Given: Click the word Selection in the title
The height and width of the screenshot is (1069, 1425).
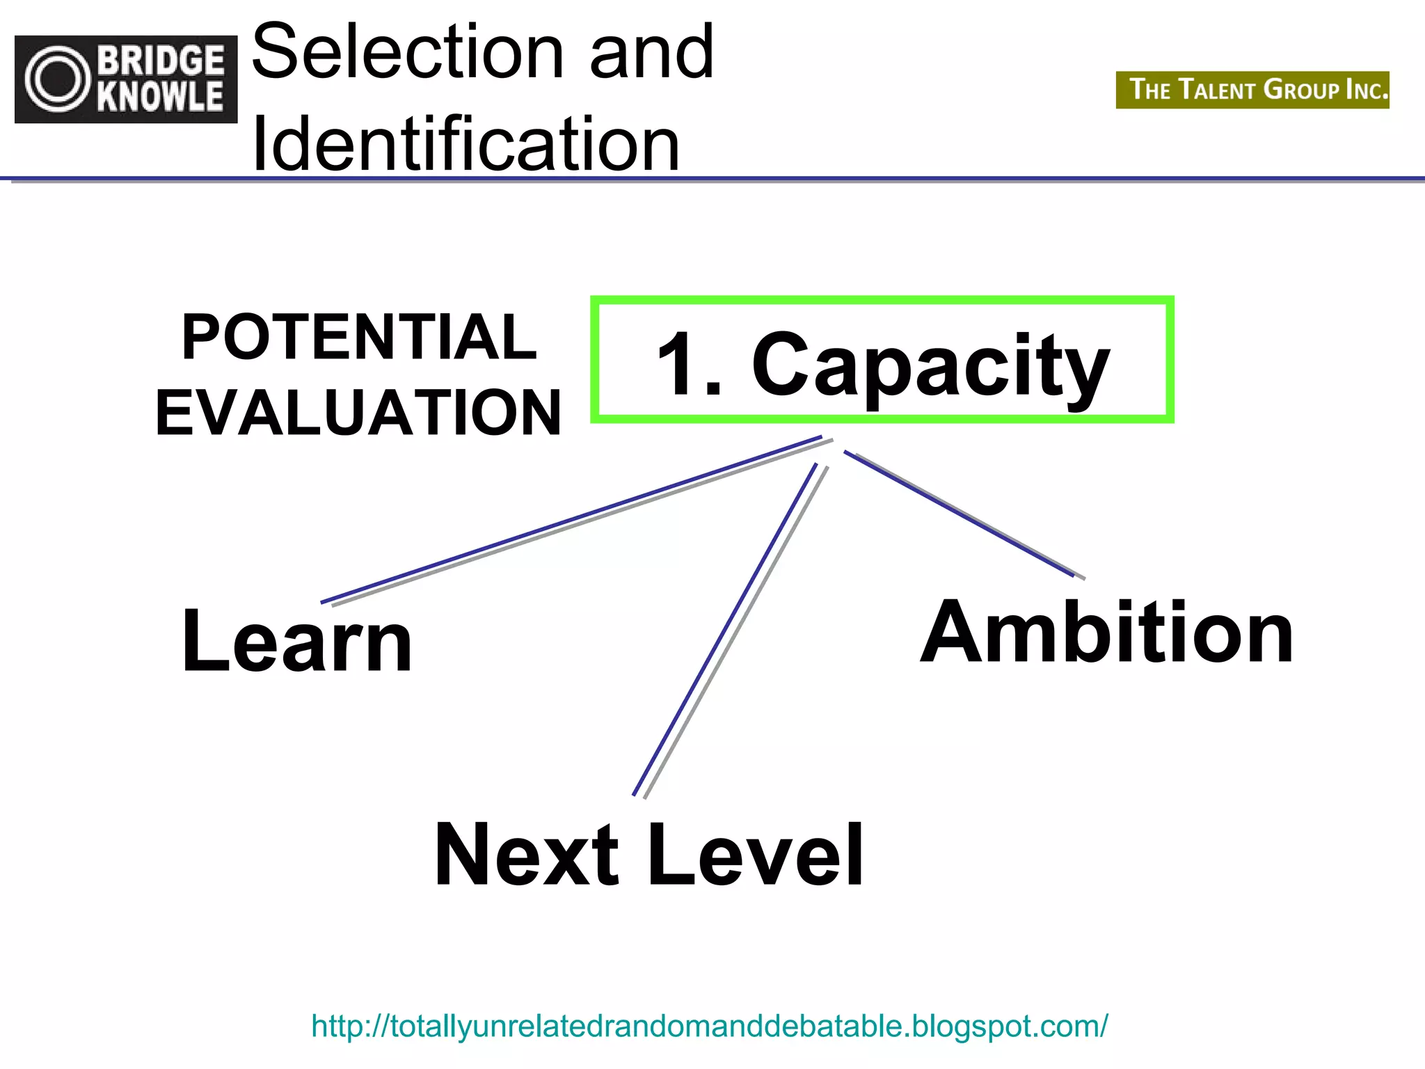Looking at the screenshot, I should (408, 52).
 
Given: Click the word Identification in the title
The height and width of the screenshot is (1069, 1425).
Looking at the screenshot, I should (465, 145).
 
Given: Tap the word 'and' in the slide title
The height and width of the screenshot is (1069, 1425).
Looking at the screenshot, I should (651, 52).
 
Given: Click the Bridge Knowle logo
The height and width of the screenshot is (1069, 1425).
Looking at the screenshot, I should (126, 79).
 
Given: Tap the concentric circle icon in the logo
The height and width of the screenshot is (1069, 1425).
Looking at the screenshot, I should (58, 79).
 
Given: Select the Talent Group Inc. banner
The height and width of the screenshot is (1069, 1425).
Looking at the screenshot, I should (1252, 90).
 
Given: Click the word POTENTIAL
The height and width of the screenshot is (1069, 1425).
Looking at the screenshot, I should (359, 337).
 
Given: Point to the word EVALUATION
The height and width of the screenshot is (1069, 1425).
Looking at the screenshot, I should (358, 413).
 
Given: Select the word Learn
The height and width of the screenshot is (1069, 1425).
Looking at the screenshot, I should (297, 640).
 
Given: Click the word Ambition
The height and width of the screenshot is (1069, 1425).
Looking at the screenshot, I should (1106, 632).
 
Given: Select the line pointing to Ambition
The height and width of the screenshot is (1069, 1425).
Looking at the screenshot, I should (960, 514).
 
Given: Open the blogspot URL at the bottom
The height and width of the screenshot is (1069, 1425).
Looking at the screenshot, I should (709, 1026).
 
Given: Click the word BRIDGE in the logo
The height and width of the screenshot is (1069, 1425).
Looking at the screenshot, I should (161, 61).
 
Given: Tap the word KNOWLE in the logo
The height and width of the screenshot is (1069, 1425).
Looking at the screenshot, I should (161, 97).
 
